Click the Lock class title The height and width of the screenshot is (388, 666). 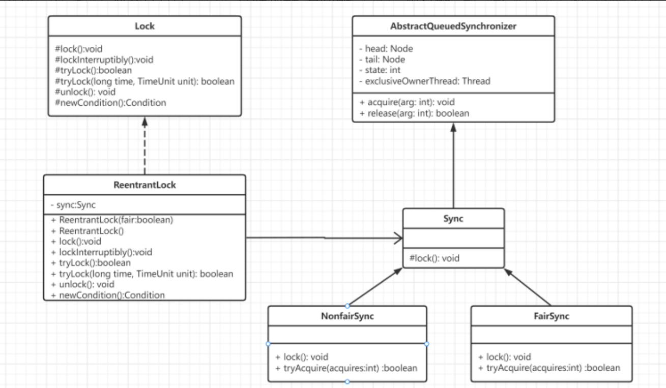pos(144,26)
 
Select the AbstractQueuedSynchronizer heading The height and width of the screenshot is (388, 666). pos(453,26)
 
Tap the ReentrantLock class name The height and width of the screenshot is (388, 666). pos(144,185)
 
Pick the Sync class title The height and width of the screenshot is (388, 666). pos(453,219)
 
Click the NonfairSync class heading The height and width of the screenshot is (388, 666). pos(348,316)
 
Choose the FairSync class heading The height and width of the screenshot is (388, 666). pos(551,316)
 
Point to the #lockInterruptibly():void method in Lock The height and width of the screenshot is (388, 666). pos(104,59)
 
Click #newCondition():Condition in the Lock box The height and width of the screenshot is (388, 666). pos(110,103)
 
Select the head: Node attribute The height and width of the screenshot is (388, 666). pos(386,48)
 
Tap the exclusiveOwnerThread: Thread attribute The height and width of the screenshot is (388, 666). pos(425,81)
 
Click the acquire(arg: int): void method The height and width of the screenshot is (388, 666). pos(407,102)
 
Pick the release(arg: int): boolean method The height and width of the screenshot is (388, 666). pos(414,113)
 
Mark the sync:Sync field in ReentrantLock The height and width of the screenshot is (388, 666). pos(73,205)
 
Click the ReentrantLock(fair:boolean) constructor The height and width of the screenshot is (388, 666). pos(112,220)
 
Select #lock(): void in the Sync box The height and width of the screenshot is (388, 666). pos(435,258)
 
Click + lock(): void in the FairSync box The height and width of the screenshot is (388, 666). pos(505,357)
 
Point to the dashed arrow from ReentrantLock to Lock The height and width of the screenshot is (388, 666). pos(144,145)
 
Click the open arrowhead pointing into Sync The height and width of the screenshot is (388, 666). pos(398,238)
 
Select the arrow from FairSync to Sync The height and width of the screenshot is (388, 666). pos(528,287)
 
